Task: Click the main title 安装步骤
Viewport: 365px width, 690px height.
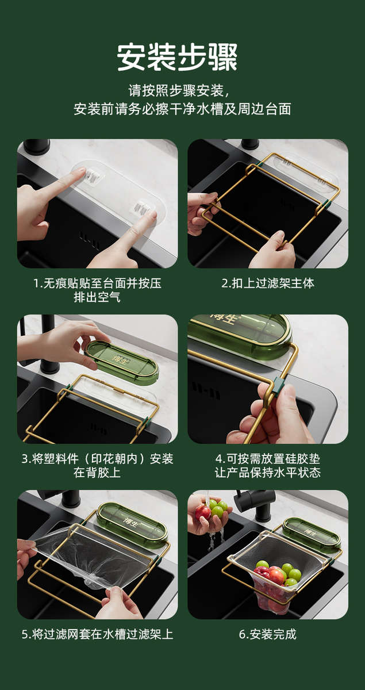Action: pos(177,57)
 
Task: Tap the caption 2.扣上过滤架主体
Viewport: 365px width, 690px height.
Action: pos(268,283)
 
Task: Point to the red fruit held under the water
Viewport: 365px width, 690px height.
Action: pos(203,513)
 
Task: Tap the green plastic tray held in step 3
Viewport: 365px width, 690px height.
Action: pos(122,363)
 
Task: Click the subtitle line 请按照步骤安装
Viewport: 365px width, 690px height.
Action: pos(179,91)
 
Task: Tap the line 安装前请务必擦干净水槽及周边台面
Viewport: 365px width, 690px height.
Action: pos(182,109)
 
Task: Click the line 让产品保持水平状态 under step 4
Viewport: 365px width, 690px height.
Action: pos(268,473)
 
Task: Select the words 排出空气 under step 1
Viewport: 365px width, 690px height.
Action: pos(97,297)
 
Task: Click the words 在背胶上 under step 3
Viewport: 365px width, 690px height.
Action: pos(97,473)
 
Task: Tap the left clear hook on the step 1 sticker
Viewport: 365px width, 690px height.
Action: pos(93,175)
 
